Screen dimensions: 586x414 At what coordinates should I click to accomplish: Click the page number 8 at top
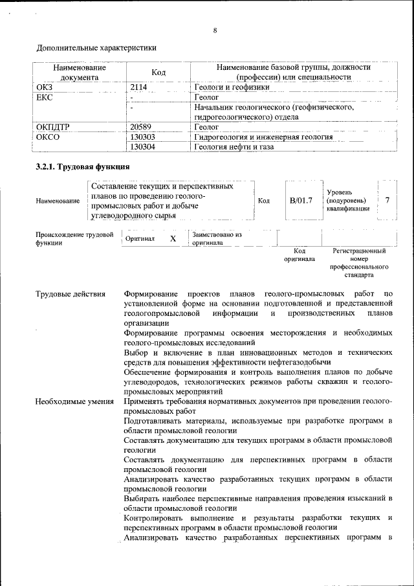215,30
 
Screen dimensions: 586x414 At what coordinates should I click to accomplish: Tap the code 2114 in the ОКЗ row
139,87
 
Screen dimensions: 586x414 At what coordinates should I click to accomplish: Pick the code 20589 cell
140,128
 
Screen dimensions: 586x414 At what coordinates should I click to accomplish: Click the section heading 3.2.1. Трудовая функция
83,167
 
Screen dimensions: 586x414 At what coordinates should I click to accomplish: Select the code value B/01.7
301,201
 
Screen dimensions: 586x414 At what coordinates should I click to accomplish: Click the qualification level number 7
387,201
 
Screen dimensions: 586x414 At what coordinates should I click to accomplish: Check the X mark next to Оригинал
173,239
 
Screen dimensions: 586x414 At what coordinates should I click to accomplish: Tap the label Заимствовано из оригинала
216,239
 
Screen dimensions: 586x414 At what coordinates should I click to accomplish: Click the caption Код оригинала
299,254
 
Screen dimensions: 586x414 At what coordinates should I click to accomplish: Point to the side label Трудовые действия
71,295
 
